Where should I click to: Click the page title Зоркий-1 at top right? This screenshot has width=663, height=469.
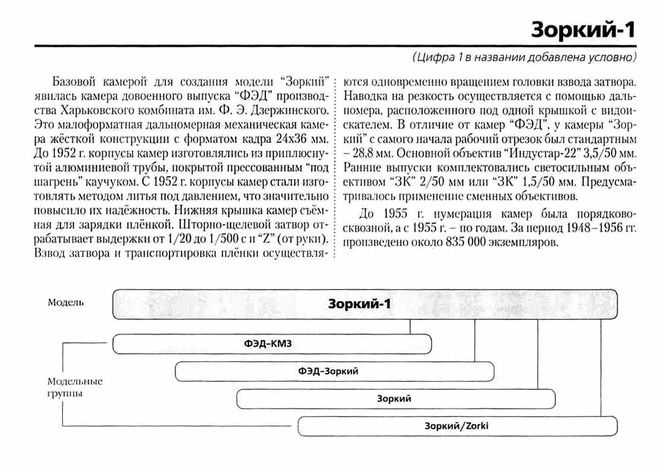tap(582, 30)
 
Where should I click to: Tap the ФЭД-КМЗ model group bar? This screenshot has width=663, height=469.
tap(272, 344)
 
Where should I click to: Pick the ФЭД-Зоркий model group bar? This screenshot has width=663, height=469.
tap(334, 371)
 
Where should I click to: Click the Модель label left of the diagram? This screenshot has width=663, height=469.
tap(66, 302)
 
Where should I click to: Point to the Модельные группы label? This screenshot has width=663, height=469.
tap(75, 387)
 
